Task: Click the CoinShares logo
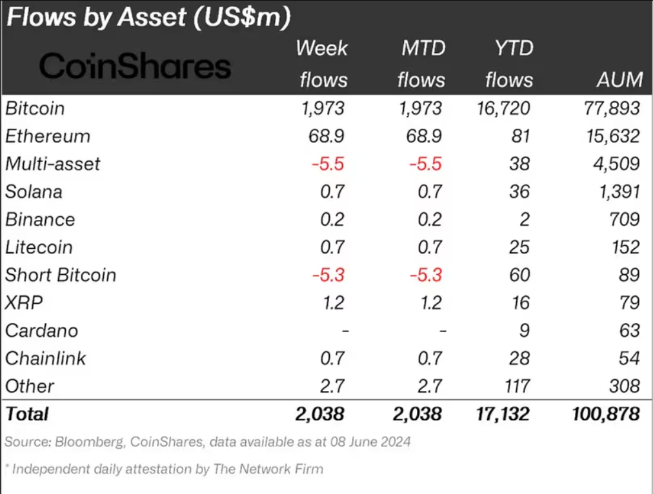click(135, 66)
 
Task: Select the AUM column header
click(619, 80)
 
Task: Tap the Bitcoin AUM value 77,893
click(611, 108)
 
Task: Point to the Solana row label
click(34, 192)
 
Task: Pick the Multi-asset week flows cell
click(328, 164)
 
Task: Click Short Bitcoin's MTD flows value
click(425, 275)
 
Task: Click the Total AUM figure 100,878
click(606, 413)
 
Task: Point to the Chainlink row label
click(45, 359)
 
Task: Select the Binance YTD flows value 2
click(525, 219)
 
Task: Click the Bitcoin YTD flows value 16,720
click(501, 108)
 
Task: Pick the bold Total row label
click(27, 413)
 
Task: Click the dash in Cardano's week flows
click(345, 331)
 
